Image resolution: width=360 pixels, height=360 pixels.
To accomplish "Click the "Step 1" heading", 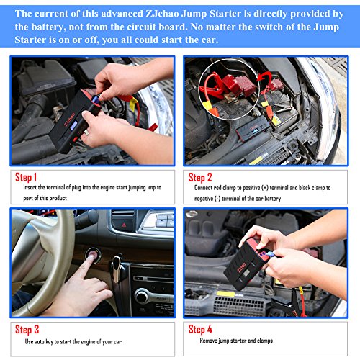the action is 26,177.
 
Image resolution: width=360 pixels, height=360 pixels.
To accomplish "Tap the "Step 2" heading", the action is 200,178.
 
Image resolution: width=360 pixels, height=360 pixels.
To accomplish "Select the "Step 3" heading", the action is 27,330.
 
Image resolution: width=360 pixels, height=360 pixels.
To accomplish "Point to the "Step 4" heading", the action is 200,329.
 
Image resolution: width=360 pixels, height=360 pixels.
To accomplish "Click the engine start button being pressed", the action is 92,256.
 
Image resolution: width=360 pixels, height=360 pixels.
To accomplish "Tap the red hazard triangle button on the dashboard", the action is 124,225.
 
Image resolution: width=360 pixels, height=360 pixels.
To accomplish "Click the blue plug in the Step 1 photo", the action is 95,99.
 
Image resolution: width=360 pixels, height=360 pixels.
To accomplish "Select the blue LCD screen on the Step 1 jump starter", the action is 73,125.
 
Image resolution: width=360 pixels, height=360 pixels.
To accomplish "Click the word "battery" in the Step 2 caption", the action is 272,199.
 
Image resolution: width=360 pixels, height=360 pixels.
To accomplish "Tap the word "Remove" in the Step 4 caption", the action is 208,341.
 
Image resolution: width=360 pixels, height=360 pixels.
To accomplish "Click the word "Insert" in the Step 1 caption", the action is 30,187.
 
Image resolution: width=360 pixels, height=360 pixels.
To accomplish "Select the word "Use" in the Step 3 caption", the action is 29,341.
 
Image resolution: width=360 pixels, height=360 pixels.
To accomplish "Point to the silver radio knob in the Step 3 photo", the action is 142,296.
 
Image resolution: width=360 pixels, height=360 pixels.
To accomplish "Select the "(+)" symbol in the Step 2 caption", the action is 265,188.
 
